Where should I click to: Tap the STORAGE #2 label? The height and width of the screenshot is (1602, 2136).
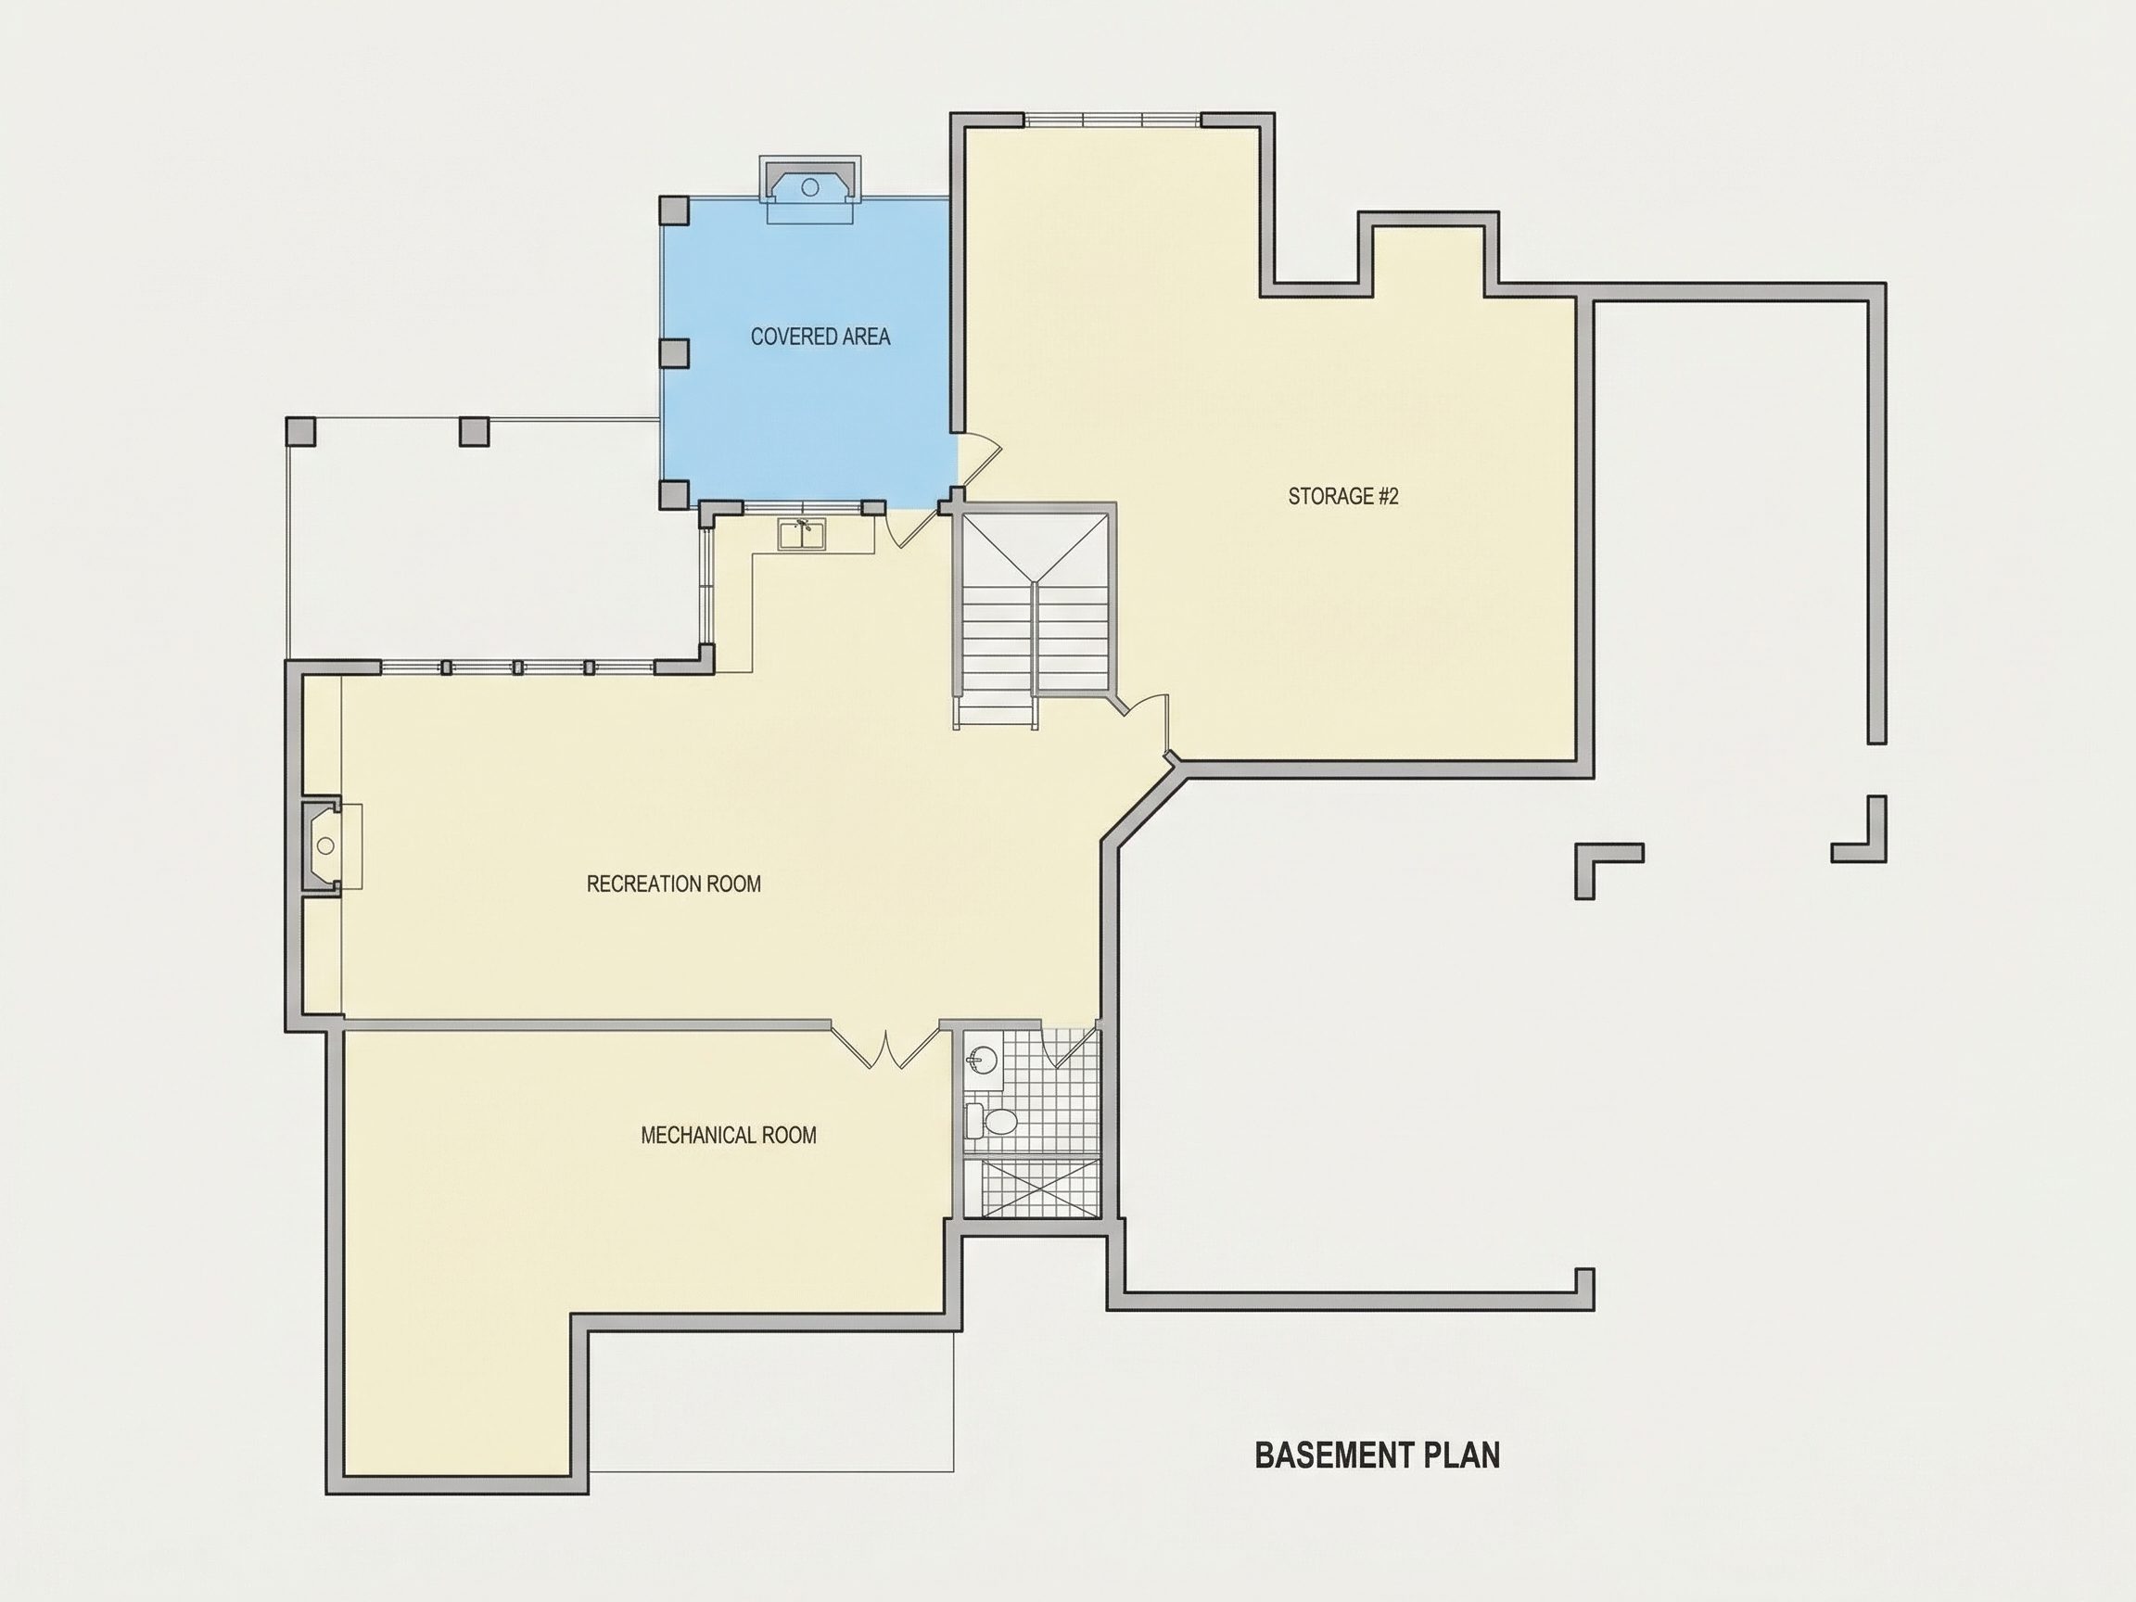[x=1343, y=496]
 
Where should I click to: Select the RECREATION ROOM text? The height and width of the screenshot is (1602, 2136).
[x=673, y=884]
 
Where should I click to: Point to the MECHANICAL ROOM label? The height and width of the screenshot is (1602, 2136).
[x=728, y=1136]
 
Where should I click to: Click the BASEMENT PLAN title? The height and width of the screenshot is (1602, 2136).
[x=1377, y=1456]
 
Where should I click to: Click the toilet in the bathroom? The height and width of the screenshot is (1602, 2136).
[x=992, y=1120]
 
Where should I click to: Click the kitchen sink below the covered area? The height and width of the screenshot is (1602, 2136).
[x=803, y=534]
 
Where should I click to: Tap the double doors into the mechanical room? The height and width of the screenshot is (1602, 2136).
[x=885, y=1047]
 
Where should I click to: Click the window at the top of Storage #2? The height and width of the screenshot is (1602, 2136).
[x=1112, y=121]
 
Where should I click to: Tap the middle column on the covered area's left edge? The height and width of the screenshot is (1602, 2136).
[x=674, y=353]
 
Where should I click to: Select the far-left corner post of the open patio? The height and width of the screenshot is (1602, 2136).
[x=300, y=431]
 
